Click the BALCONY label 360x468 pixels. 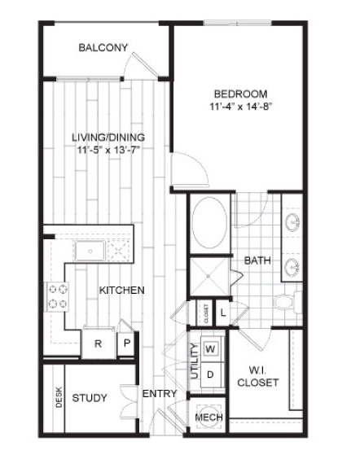coord(103,48)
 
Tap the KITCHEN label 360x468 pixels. coord(122,291)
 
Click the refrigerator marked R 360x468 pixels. coord(98,343)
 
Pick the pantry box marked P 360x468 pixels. coord(125,343)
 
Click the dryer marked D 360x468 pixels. coord(210,374)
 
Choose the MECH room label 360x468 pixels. coord(207,418)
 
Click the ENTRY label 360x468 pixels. coord(159,394)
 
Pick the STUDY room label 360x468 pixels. coord(89,398)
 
